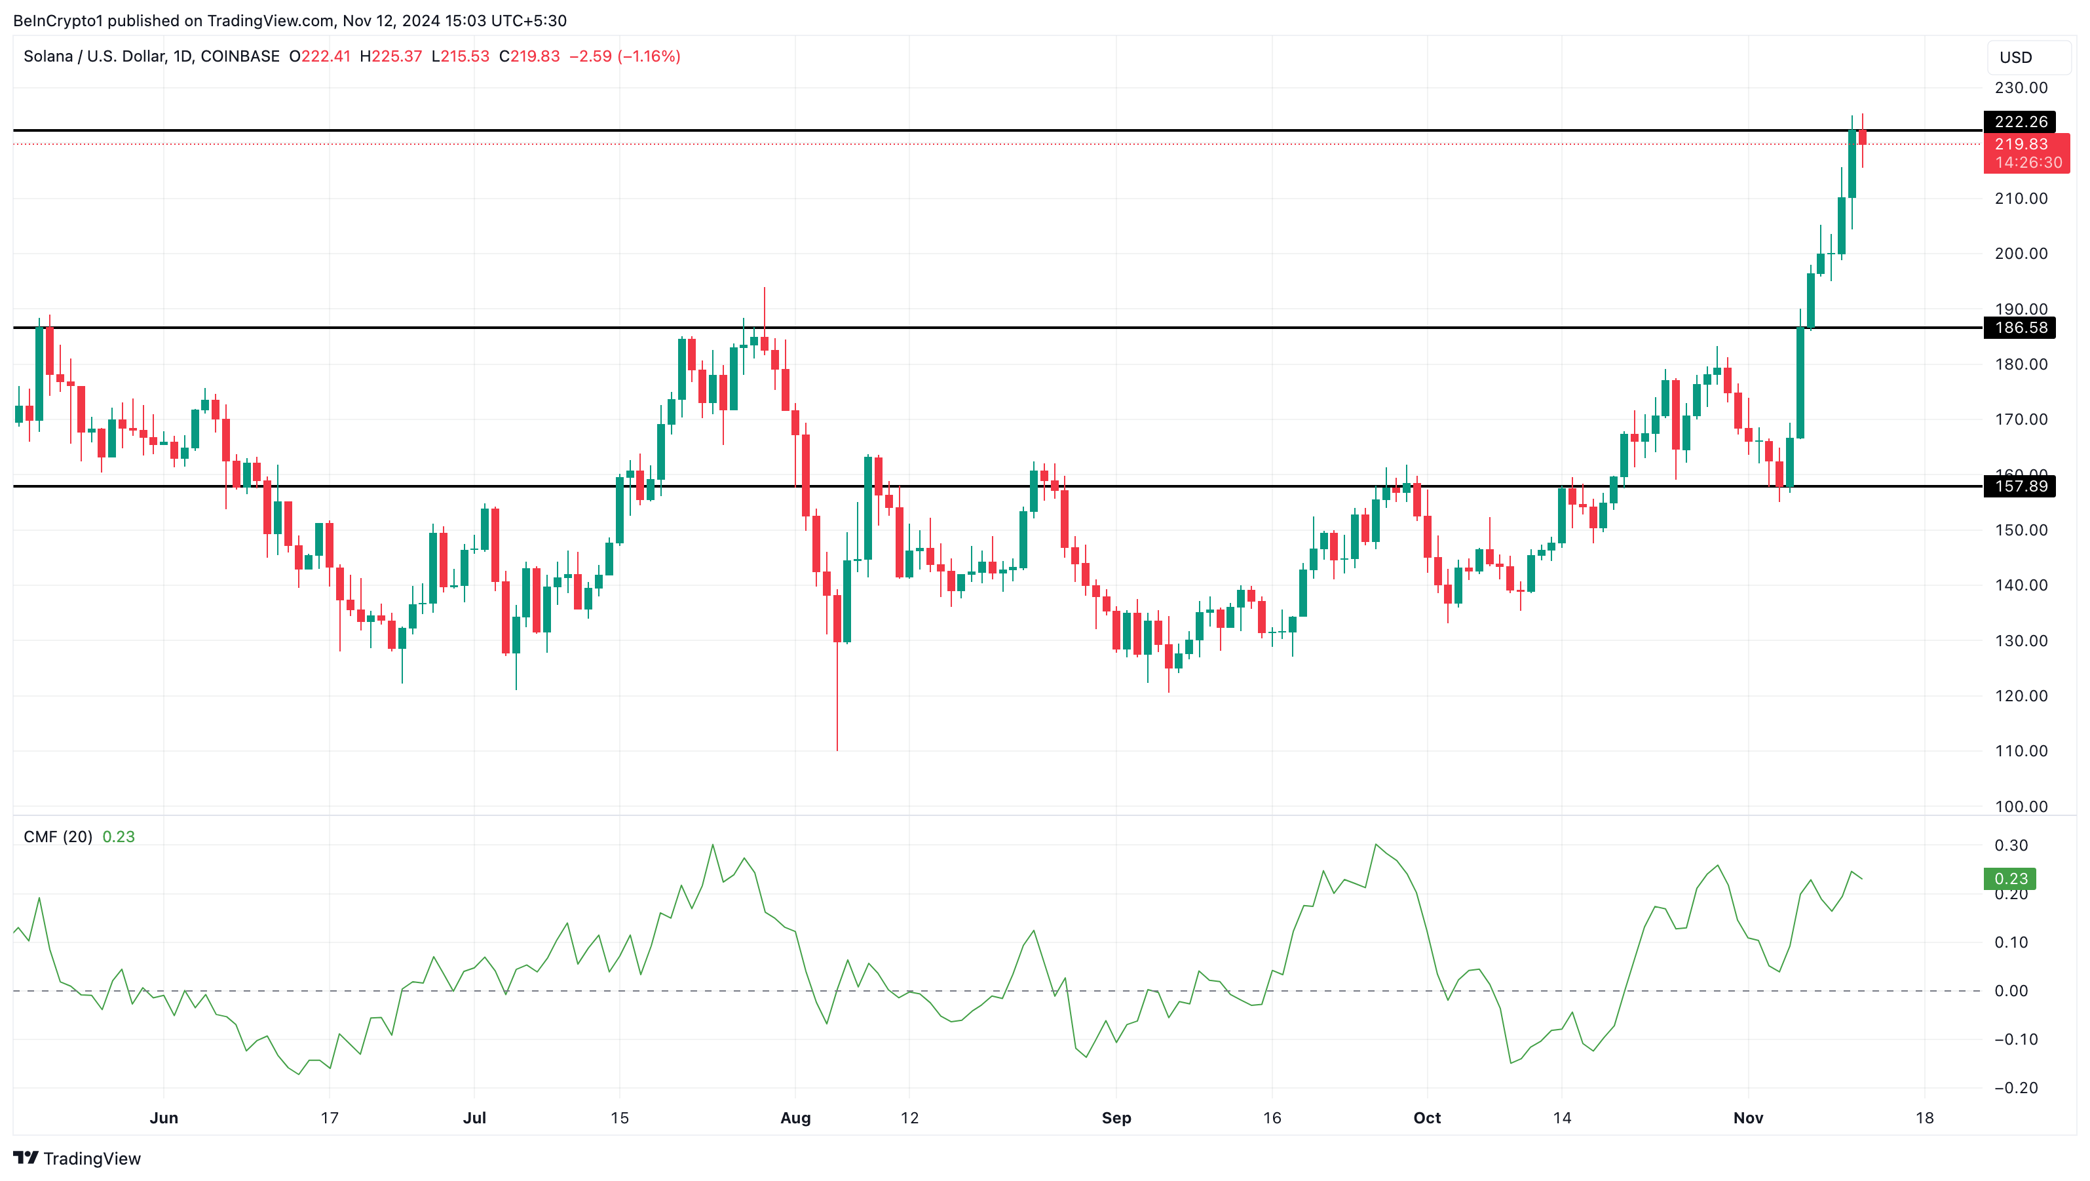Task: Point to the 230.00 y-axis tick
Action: [2021, 88]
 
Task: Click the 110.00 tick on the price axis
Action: [2021, 751]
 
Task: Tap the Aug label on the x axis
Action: [795, 1117]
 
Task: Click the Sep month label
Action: [1116, 1117]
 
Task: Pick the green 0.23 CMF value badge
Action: [2009, 878]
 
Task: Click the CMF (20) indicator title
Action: [58, 837]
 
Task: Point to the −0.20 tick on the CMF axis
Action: [2015, 1088]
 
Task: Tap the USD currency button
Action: [2016, 58]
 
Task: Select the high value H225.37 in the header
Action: [391, 56]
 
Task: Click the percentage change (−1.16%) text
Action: [649, 56]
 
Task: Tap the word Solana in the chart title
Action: [48, 56]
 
